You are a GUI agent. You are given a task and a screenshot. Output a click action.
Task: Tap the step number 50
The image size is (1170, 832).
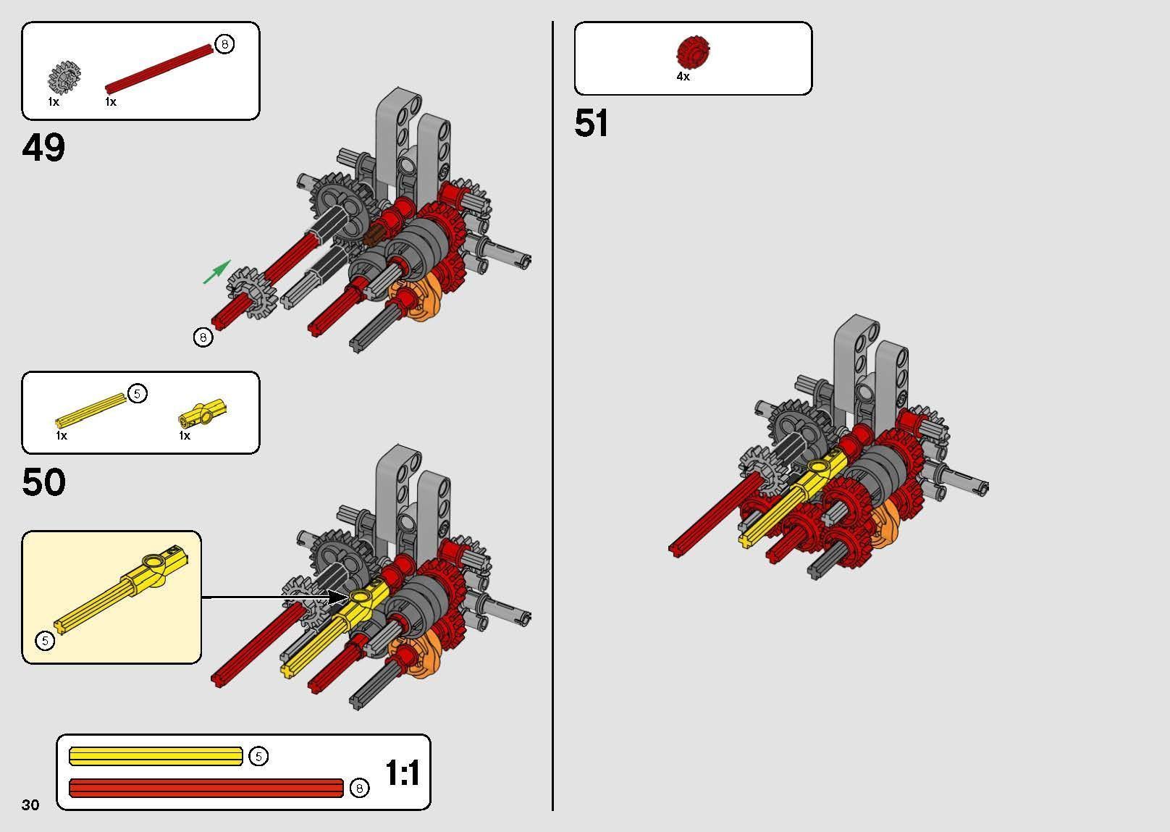[x=44, y=482]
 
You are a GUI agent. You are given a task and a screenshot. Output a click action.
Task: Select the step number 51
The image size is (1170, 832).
[x=591, y=123]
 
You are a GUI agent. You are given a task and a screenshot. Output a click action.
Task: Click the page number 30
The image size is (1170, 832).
[x=30, y=804]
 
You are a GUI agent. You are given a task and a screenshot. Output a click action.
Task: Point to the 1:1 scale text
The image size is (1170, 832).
[x=403, y=773]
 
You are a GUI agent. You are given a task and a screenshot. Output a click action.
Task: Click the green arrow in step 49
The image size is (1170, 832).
[x=216, y=272]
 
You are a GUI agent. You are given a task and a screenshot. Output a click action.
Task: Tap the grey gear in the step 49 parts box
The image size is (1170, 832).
[x=64, y=77]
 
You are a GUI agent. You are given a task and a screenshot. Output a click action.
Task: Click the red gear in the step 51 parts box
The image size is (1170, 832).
[x=693, y=52]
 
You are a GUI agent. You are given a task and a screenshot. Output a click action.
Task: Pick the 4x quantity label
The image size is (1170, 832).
[x=683, y=77]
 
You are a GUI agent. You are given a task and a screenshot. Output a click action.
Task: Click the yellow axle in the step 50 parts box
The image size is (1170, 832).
[x=91, y=411]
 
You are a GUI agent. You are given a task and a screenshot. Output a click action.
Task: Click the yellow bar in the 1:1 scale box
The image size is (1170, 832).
[x=156, y=756]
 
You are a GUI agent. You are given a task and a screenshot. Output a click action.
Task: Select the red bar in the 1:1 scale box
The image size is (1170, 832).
[x=206, y=788]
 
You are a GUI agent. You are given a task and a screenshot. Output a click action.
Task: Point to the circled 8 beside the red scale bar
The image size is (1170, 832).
[x=359, y=788]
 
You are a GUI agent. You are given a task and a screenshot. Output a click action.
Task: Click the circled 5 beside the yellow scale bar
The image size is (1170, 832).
[x=258, y=756]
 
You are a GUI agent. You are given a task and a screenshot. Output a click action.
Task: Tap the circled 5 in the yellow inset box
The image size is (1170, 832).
[x=45, y=640]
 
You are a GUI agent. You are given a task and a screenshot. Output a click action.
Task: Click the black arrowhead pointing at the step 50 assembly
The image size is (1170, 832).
[x=337, y=597]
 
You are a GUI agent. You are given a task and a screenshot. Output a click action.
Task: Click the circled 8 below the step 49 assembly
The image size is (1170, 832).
[x=203, y=337]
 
